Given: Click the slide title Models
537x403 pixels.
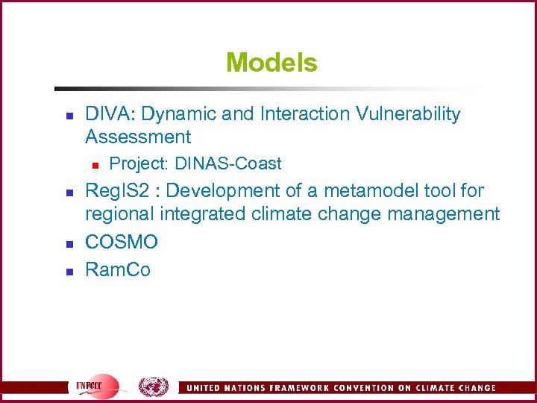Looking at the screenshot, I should pyautogui.click(x=271, y=63).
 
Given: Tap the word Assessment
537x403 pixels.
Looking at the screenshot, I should pyautogui.click(x=138, y=137).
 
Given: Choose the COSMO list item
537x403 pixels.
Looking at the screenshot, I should pyautogui.click(x=122, y=242).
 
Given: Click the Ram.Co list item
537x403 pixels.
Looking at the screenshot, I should pyautogui.click(x=118, y=269).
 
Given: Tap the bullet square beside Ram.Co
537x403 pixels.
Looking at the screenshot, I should pyautogui.click(x=67, y=271).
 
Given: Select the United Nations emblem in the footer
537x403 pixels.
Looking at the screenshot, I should pyautogui.click(x=153, y=387).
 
